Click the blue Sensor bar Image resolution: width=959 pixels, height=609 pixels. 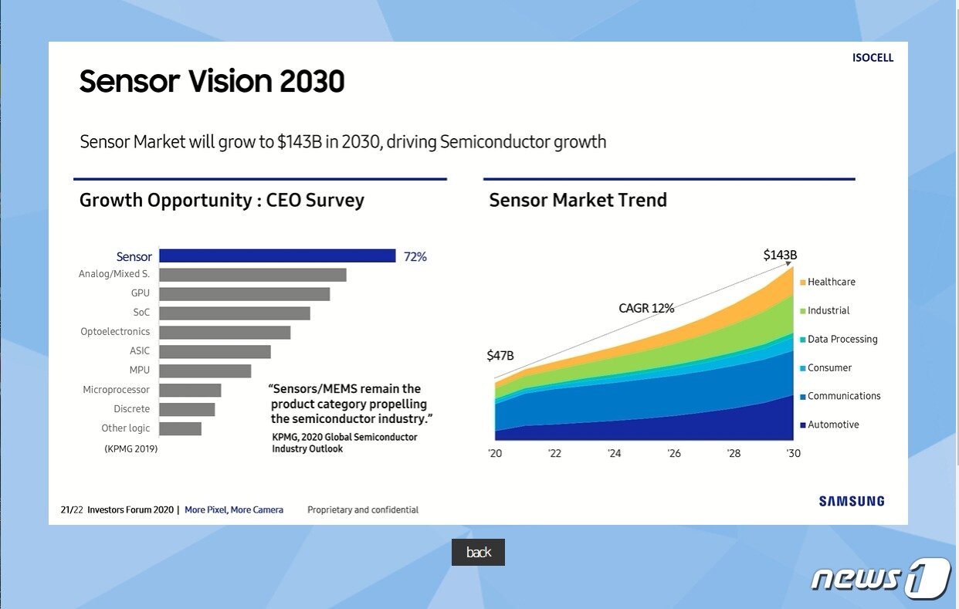[x=277, y=256]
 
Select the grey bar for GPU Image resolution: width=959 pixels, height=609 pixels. [x=244, y=294]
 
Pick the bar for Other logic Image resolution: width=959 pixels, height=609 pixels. [x=180, y=428]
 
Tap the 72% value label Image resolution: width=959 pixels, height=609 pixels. [x=415, y=257]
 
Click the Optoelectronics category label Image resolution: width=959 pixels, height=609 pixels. [x=115, y=332]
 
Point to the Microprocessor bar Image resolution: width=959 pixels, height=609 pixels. [x=190, y=390]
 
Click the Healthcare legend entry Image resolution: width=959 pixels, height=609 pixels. [x=831, y=283]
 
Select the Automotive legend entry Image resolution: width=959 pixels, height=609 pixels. [x=832, y=425]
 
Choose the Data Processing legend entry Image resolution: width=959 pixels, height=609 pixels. [x=842, y=340]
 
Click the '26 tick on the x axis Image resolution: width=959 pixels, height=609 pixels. [x=674, y=454]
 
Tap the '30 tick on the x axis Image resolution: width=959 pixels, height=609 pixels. [x=793, y=454]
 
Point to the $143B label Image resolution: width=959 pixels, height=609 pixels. [x=780, y=255]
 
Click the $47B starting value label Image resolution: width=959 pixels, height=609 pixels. [x=500, y=356]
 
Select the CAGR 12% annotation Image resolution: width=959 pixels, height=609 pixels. [x=646, y=309]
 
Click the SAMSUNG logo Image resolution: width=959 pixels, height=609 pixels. [x=852, y=502]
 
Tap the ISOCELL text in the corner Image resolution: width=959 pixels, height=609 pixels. [x=873, y=58]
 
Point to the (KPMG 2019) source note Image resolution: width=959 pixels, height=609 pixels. [x=130, y=448]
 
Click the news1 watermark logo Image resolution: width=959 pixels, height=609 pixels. [x=879, y=578]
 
